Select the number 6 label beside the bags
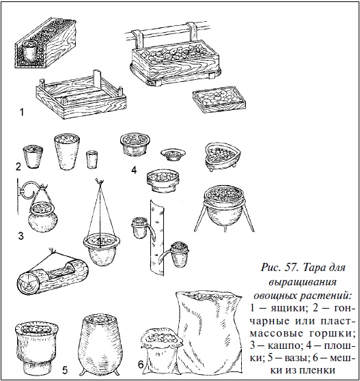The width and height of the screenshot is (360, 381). (x=140, y=365)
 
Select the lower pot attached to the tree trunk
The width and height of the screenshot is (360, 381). (x=181, y=255)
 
